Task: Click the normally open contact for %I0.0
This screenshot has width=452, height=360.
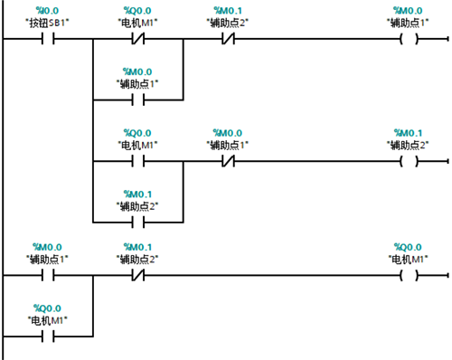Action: coord(48,39)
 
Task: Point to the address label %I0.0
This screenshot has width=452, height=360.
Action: coord(47,11)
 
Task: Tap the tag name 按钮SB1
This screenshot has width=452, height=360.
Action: coord(47,23)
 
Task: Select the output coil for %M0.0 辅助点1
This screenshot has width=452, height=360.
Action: coord(409,39)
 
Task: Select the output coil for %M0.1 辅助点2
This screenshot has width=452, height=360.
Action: coord(409,161)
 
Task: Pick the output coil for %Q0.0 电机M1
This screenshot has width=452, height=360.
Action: coord(409,275)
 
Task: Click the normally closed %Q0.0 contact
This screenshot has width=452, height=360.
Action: coord(138,39)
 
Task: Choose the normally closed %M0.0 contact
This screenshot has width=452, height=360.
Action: coord(228,161)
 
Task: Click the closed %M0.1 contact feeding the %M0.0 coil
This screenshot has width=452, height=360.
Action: coord(228,39)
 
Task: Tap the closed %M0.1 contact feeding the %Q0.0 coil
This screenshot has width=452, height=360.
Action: coord(138,275)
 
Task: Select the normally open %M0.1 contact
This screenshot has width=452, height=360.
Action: coord(138,223)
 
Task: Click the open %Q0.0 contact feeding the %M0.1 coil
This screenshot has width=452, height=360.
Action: coord(138,161)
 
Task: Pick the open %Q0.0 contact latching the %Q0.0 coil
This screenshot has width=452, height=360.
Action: coord(48,336)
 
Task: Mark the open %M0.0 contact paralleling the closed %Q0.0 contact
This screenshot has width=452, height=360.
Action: coord(138,99)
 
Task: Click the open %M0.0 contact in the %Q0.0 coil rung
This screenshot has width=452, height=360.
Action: coord(48,275)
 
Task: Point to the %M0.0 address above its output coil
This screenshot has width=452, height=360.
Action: coord(408,11)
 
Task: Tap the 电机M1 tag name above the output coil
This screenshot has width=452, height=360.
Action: coord(408,259)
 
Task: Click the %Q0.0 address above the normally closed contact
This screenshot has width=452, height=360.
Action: coord(137,11)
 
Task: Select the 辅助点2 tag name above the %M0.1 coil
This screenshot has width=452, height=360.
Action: coord(408,145)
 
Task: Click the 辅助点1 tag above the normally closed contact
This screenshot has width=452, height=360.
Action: coord(228,145)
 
